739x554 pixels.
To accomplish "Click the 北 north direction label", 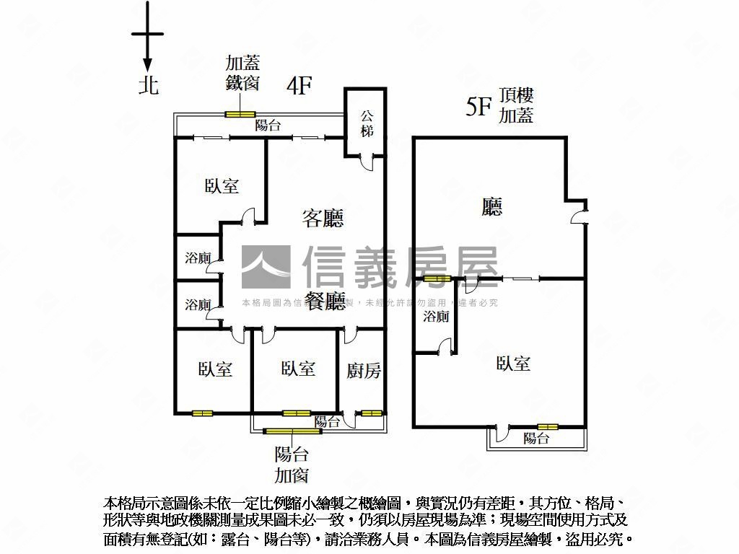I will (x=149, y=86).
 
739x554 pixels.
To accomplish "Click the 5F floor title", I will (x=478, y=107).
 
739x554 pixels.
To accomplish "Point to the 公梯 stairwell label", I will (x=367, y=123).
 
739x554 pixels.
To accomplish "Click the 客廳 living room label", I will (x=322, y=218).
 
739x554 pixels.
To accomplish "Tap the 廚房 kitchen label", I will (x=364, y=371).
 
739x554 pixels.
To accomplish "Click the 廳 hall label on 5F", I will (x=492, y=208).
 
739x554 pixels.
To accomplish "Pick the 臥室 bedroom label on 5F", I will (x=513, y=364).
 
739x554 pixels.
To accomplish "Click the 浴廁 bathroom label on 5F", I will (x=436, y=316).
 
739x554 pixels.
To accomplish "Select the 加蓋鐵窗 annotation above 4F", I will (x=242, y=73).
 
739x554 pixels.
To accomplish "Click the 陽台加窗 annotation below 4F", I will (x=292, y=465).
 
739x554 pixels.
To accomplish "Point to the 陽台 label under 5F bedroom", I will (x=536, y=438).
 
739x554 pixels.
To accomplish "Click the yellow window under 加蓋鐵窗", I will (x=240, y=114).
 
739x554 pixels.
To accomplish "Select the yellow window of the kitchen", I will (x=371, y=413).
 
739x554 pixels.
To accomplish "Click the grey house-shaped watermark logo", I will (x=266, y=268).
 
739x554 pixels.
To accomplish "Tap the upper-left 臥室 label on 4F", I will (x=222, y=186).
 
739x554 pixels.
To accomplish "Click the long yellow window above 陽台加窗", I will (x=292, y=431).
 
